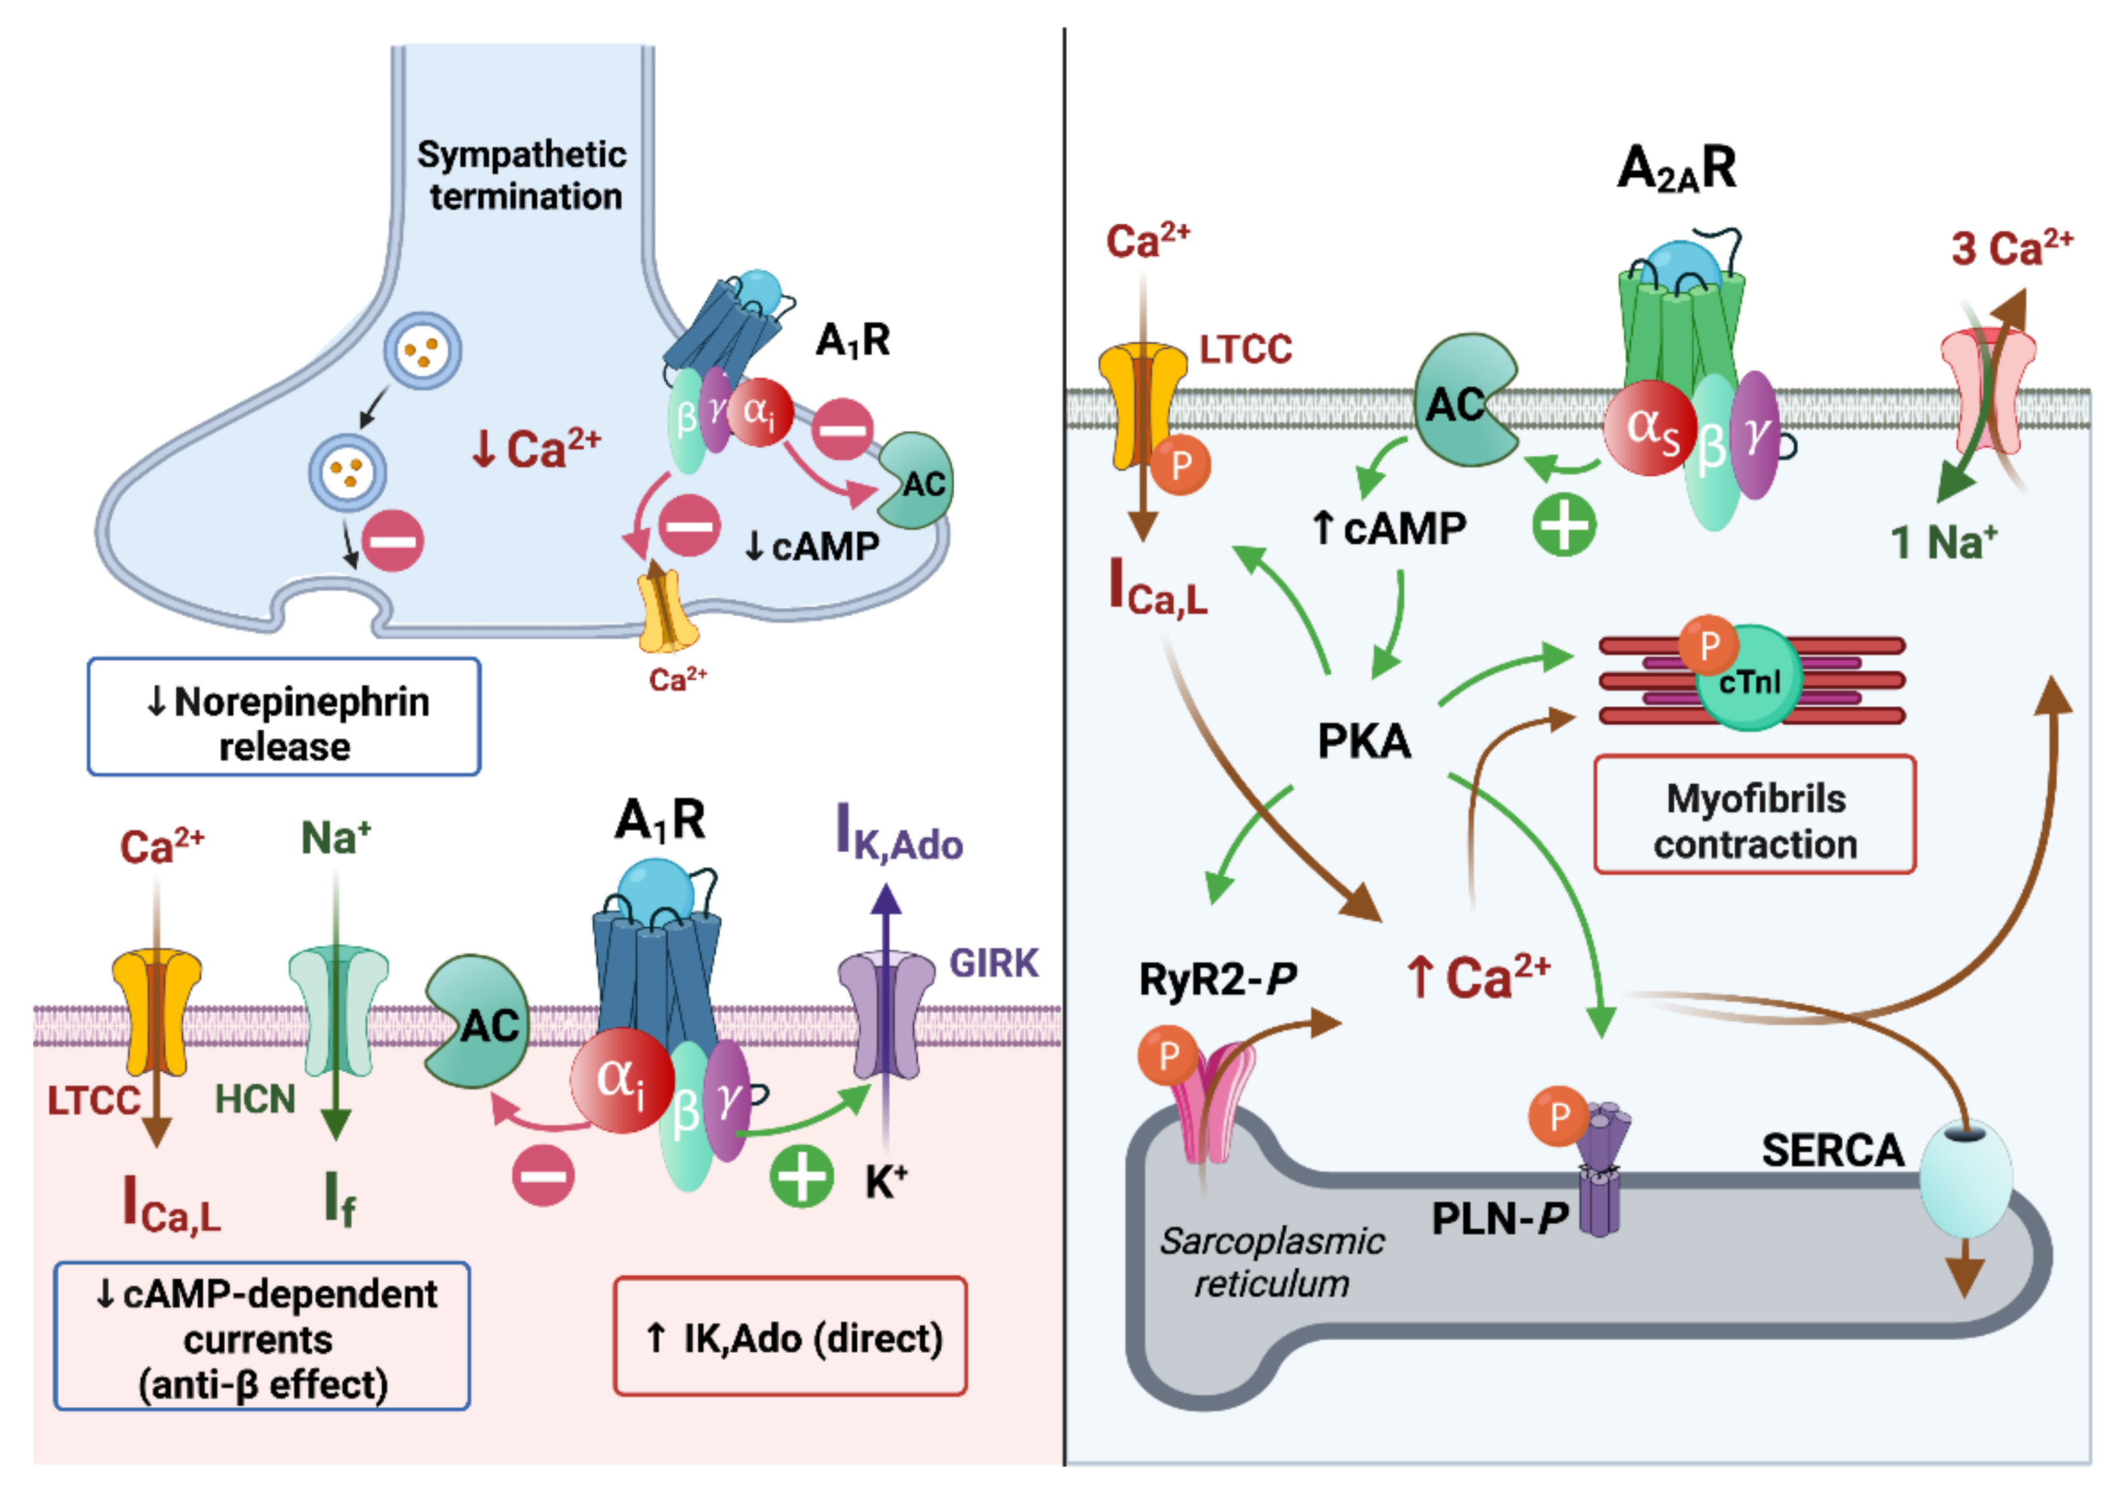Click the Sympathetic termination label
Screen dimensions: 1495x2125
click(x=522, y=176)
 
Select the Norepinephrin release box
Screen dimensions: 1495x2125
click(x=284, y=717)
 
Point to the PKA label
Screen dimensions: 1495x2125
click(x=1364, y=741)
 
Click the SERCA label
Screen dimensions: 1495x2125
click(x=1832, y=1151)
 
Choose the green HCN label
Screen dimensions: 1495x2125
click(x=254, y=1099)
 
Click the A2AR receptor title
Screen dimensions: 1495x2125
click(x=1676, y=169)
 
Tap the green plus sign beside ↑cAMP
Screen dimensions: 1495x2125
click(x=1564, y=525)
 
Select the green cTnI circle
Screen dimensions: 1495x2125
click(x=1749, y=680)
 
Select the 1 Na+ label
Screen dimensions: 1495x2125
click(x=1943, y=542)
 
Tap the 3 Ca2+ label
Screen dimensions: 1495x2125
click(x=2011, y=248)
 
